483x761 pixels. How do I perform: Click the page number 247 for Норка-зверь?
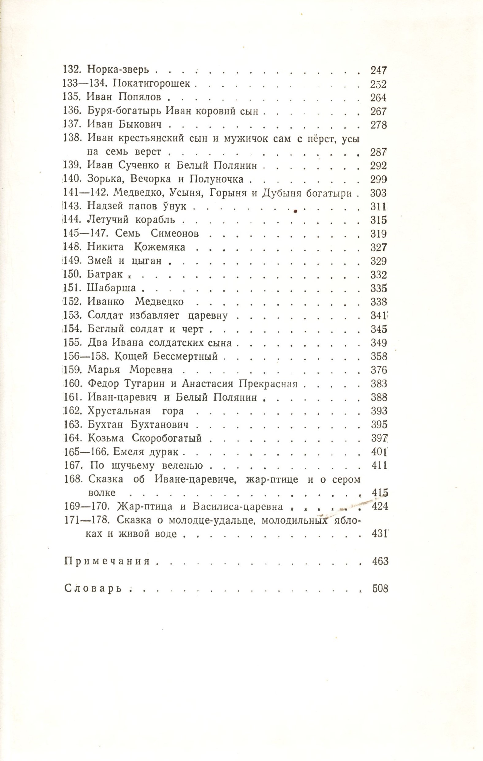click(378, 70)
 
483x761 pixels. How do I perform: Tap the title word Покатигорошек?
click(151, 84)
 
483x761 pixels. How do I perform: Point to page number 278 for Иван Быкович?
click(378, 125)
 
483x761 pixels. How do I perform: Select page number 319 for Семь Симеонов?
click(378, 234)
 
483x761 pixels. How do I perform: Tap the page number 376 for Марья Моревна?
click(378, 370)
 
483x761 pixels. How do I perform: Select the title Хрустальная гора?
click(135, 411)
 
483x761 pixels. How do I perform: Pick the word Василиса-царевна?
click(238, 507)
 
